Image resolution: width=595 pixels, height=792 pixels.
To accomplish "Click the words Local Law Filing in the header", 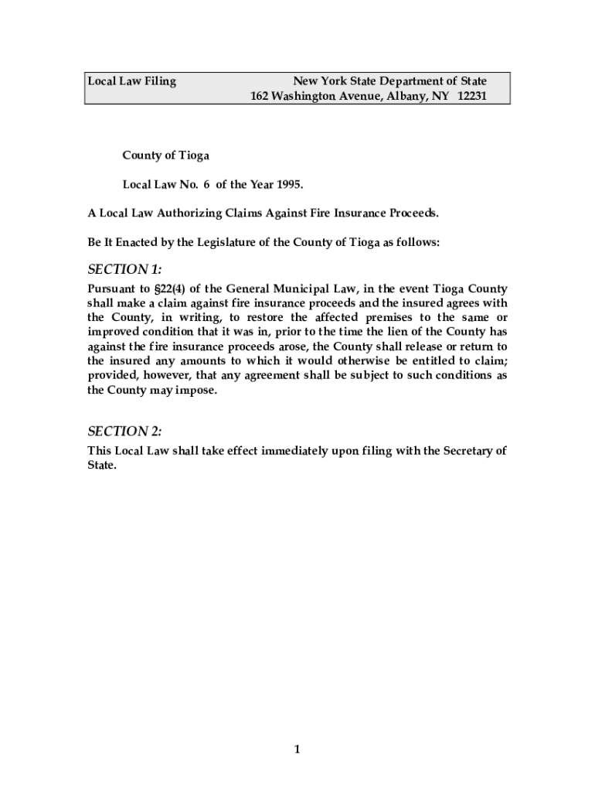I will coord(131,81).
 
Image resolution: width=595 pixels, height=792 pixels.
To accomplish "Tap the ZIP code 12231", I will coord(471,97).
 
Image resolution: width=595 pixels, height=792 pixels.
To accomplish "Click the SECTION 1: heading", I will coord(124,269).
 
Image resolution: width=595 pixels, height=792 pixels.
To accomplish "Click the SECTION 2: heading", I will coord(124,431).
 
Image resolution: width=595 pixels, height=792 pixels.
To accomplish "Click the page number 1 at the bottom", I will coord(297,749).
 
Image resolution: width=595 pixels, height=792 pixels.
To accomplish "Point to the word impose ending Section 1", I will coord(197,390).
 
